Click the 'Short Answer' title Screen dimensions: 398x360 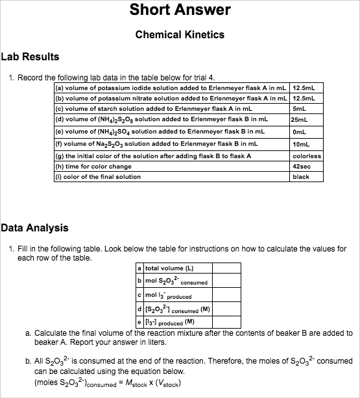(180, 10)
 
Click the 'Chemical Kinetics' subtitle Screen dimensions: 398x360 (180, 34)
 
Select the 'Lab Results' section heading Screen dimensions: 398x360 (30, 57)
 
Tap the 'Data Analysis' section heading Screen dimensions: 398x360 (34, 228)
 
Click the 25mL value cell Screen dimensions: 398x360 (299, 120)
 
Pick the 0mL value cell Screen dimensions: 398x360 (299, 132)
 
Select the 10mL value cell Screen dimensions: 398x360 (301, 143)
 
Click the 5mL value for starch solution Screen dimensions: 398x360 (299, 109)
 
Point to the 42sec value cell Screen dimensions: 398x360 (302, 167)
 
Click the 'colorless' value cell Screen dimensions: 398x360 (306, 156)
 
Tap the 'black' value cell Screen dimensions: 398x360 (301, 177)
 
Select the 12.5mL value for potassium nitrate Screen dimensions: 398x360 (304, 98)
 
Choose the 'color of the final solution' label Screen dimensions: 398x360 (98, 177)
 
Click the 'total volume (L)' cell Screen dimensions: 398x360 (169, 268)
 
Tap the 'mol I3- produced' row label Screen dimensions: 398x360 (168, 296)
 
